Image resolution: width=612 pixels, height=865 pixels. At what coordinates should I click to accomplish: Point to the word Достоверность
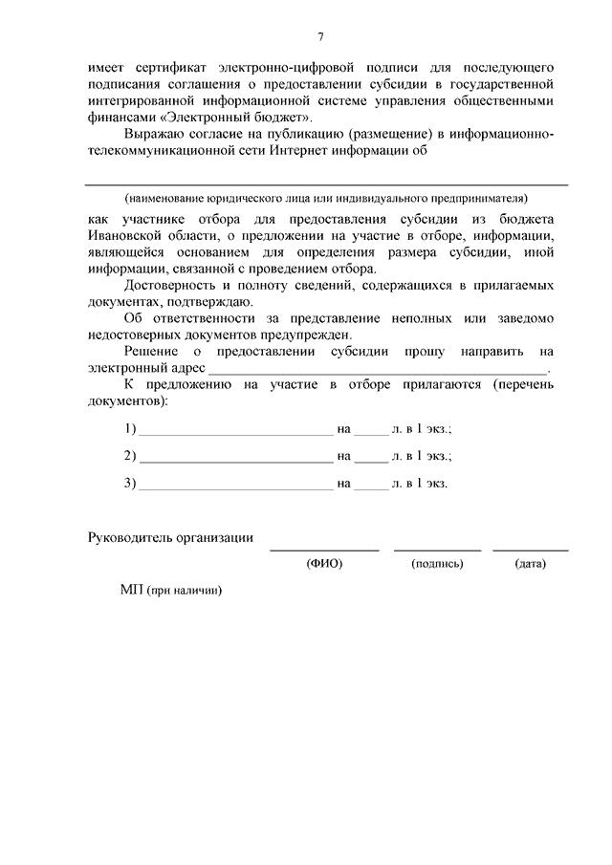(x=172, y=285)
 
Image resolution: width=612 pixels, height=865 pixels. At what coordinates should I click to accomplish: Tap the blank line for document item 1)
(x=235, y=433)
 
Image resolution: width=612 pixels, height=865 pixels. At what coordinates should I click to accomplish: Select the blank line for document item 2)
(x=235, y=460)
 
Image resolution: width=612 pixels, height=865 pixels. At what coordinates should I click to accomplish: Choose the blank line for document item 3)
(x=235, y=487)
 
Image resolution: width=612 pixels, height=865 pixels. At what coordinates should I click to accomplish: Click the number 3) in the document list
(x=130, y=483)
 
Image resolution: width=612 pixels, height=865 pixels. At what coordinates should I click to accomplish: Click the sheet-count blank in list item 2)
(x=372, y=460)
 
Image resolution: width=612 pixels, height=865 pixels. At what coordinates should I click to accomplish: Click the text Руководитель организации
(x=170, y=537)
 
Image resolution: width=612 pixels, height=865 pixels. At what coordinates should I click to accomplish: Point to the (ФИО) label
(x=324, y=564)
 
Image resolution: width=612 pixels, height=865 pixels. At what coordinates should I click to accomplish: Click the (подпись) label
(x=437, y=564)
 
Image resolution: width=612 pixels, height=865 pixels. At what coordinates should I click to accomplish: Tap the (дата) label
(x=530, y=564)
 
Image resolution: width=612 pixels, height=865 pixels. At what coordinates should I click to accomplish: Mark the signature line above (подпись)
(x=437, y=550)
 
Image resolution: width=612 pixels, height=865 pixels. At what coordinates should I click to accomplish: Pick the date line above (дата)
(x=530, y=550)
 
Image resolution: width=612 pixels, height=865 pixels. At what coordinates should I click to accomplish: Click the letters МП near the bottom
(x=131, y=591)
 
